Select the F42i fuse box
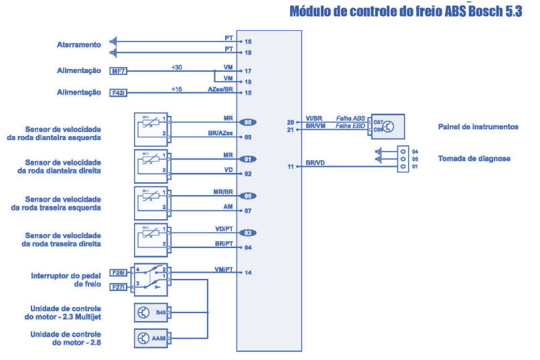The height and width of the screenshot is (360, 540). (x=119, y=93)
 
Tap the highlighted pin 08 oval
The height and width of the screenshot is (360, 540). (x=247, y=122)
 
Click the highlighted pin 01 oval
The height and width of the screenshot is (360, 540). (x=247, y=160)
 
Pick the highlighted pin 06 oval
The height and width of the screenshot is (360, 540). (x=247, y=196)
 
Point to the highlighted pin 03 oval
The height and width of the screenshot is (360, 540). (x=247, y=233)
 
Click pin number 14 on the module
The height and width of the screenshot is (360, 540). (x=249, y=273)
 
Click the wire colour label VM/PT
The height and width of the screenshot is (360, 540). (x=223, y=269)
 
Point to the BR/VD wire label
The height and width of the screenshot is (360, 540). (x=316, y=163)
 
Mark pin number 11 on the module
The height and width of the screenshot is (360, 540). (x=291, y=166)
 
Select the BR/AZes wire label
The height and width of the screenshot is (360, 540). (x=220, y=135)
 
